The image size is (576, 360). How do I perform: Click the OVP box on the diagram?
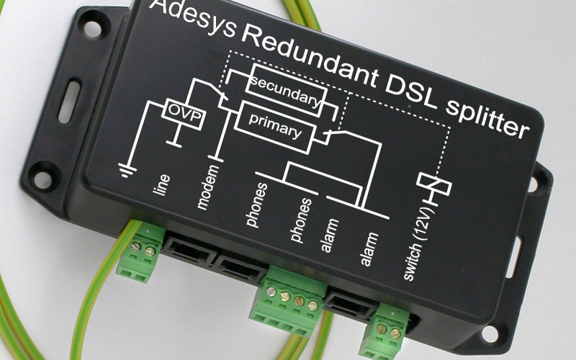click(x=183, y=114)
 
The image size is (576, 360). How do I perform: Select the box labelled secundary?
click(x=286, y=91)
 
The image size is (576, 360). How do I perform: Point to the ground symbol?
click(x=127, y=171)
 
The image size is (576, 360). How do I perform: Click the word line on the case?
click(x=161, y=184)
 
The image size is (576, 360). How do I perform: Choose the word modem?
click(x=207, y=187)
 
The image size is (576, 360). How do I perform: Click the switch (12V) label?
click(x=419, y=244)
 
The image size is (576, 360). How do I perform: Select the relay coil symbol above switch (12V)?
click(x=434, y=184)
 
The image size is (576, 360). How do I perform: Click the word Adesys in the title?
click(x=192, y=16)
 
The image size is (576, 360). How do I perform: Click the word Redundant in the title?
click(x=310, y=55)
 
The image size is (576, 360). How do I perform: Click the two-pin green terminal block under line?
click(x=140, y=251)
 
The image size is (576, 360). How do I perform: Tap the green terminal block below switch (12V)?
click(x=384, y=330)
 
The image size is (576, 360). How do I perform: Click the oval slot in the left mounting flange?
click(x=69, y=102)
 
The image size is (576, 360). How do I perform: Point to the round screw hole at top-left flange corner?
click(x=92, y=29)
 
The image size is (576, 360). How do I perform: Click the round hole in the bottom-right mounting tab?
click(x=490, y=333)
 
